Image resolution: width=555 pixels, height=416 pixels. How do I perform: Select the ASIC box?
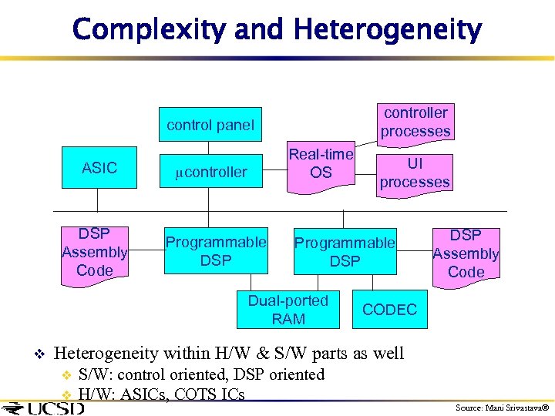99,168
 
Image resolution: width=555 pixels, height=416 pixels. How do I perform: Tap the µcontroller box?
211,172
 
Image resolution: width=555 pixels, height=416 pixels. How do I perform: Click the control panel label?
210,125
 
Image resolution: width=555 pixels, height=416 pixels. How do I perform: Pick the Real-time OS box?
321,164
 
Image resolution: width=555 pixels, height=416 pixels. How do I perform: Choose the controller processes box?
415,122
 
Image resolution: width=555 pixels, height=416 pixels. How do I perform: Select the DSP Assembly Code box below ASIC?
95,252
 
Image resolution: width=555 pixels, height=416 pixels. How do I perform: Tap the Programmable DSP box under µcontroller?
216,251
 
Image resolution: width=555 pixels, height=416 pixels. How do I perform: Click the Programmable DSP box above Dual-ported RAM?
345,252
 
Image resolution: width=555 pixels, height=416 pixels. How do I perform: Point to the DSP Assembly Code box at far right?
466,253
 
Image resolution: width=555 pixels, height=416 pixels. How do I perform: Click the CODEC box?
389,310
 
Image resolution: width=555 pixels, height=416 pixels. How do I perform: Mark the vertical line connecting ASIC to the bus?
98,200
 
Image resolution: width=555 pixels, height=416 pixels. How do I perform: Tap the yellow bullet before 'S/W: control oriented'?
66,376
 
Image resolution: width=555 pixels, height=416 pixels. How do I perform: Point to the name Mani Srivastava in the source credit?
513,407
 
